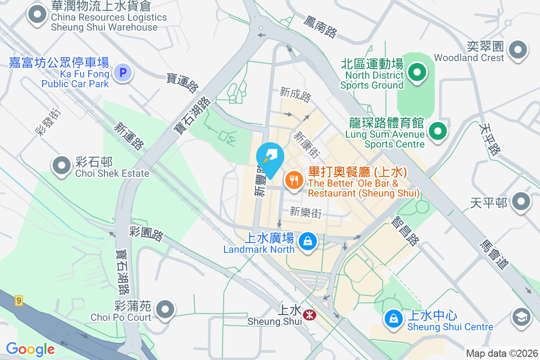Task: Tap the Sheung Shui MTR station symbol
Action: pos(309,315)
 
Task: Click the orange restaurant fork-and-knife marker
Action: pos(294,181)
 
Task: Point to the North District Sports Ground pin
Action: pos(417,72)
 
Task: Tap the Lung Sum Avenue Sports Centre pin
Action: pos(437,131)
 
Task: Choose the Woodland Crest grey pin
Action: pos(517,49)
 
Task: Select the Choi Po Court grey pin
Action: pos(165,310)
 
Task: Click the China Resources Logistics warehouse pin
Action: pos(38,15)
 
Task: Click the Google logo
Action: pos(30,349)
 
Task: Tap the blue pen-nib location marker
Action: pos(270,158)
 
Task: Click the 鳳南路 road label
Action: pos(320,26)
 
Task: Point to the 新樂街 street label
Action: pos(306,212)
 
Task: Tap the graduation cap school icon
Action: pos(522,318)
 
